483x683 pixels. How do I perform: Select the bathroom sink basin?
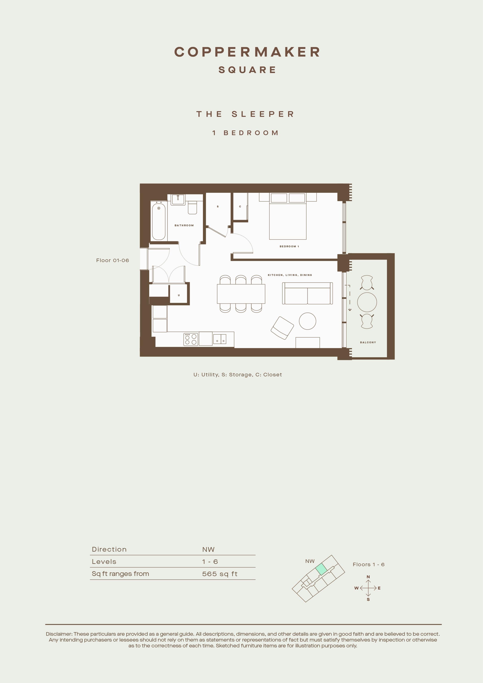point(179,200)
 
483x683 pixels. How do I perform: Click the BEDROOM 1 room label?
point(289,246)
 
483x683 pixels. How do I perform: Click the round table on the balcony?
point(367,302)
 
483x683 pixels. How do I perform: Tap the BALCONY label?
point(368,342)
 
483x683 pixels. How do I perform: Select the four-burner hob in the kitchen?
point(191,339)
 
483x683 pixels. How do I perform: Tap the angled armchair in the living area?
point(282,328)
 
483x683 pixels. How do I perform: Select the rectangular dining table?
point(241,294)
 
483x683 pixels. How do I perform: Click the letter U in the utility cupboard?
point(179,295)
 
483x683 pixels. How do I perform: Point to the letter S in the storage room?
point(218,206)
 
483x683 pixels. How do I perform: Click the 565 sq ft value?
point(220,574)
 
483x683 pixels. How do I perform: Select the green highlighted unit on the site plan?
point(321,569)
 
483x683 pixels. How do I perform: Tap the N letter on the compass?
point(368,577)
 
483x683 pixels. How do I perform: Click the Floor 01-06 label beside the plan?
point(112,260)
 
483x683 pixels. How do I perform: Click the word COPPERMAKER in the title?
point(247,52)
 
